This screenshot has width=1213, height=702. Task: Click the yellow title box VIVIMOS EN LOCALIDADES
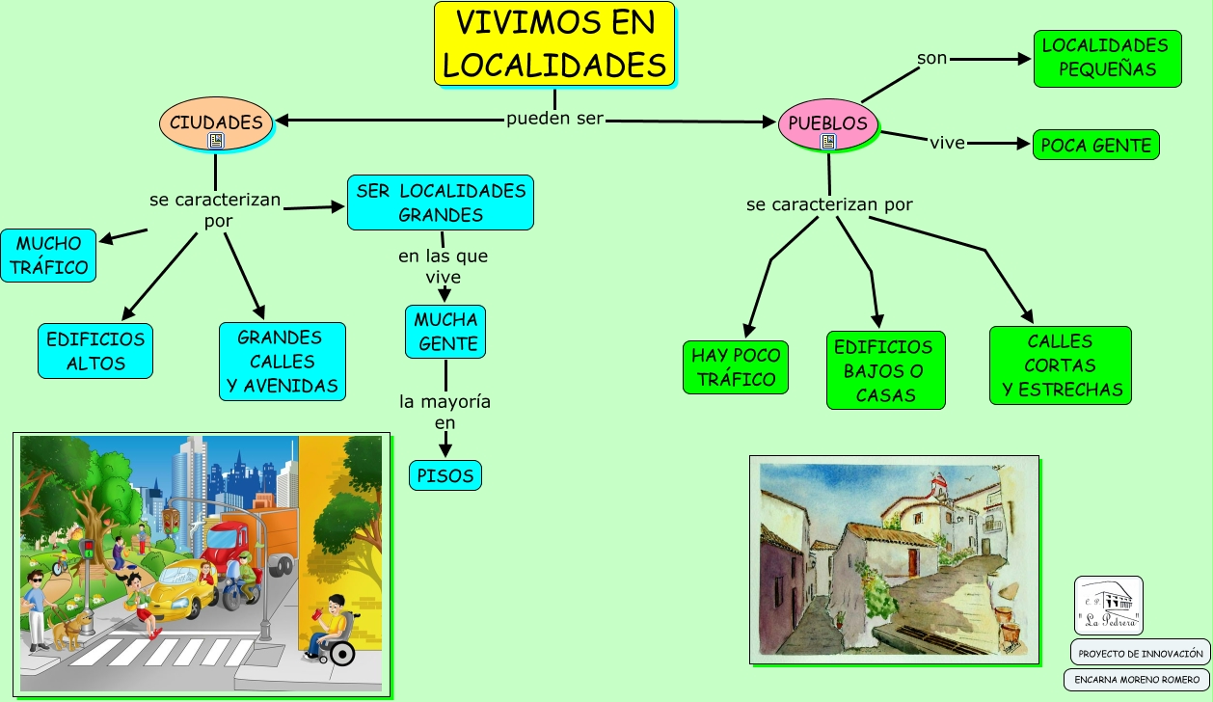pyautogui.click(x=554, y=44)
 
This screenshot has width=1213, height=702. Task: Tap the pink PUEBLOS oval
pyautogui.click(x=828, y=122)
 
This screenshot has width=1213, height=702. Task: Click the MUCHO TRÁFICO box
pyautogui.click(x=48, y=256)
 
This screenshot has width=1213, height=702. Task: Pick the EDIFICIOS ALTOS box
pyautogui.click(x=95, y=351)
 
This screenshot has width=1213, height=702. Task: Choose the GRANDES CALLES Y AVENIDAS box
pyautogui.click(x=282, y=362)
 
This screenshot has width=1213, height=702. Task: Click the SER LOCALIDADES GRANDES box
pyautogui.click(x=441, y=202)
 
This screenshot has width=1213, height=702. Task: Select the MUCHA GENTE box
pyautogui.click(x=445, y=332)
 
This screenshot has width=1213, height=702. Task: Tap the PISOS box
pyautogui.click(x=445, y=475)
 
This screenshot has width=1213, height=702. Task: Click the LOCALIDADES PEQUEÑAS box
pyautogui.click(x=1107, y=58)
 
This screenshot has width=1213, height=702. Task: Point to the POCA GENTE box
pyautogui.click(x=1095, y=146)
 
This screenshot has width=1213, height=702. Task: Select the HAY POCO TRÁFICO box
pyautogui.click(x=736, y=367)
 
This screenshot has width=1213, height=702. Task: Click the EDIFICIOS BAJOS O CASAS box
pyautogui.click(x=885, y=370)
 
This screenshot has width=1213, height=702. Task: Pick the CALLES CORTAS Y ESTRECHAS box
pyautogui.click(x=1061, y=365)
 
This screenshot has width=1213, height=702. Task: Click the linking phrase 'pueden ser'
pyautogui.click(x=555, y=120)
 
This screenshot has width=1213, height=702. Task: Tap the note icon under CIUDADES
pyautogui.click(x=216, y=141)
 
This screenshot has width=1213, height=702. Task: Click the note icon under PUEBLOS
pyautogui.click(x=827, y=142)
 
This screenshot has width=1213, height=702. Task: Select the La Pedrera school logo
pyautogui.click(x=1109, y=606)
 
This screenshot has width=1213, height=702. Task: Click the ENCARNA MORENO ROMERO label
pyautogui.click(x=1137, y=680)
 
